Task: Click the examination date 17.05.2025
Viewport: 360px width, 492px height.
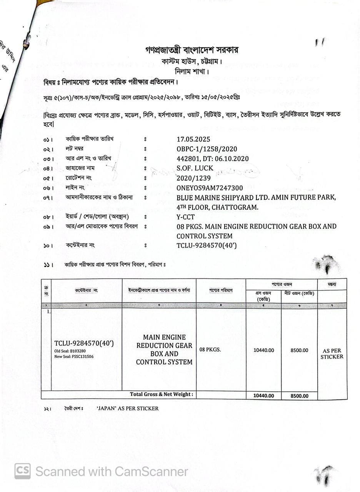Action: point(193,139)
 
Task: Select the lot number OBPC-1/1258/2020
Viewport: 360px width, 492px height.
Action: point(207,149)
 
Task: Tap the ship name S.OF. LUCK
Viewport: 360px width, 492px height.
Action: point(195,168)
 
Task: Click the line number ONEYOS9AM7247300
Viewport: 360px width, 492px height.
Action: point(210,188)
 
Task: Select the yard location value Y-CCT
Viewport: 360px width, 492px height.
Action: point(185,217)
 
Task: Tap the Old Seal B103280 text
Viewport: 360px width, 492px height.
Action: point(70,351)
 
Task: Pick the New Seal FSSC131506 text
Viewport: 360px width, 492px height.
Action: point(74,356)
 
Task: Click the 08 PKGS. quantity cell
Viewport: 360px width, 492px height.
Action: point(210,350)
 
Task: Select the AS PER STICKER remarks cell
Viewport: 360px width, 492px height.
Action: point(332,354)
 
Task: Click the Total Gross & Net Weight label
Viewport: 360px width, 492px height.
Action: point(162,394)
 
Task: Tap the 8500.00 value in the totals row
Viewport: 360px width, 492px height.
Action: point(299,396)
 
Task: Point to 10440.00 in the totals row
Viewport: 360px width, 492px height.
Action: point(263,396)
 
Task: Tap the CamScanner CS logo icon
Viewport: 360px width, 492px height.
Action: point(23,471)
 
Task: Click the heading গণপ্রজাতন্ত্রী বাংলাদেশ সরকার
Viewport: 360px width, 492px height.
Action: point(192,50)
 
